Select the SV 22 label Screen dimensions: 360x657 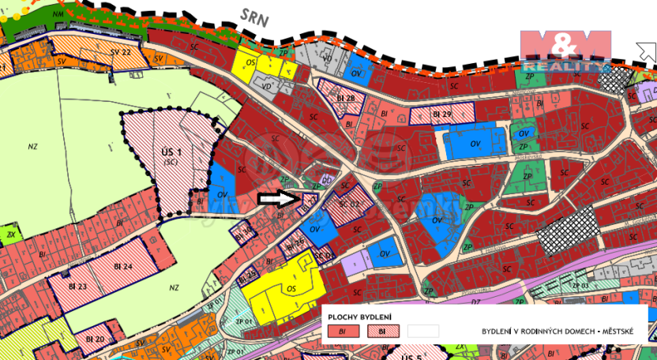120,51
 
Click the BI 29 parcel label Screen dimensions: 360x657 441,114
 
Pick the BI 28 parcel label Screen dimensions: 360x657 345,97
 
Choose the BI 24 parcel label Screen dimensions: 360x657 122,267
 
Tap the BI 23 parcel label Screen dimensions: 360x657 77,286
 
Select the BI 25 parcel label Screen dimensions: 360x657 247,274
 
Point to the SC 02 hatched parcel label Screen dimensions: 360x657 349,204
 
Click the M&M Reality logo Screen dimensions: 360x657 565,50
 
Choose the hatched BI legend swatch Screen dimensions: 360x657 383,332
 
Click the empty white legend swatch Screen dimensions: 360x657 422,332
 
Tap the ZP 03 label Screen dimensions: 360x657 580,285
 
